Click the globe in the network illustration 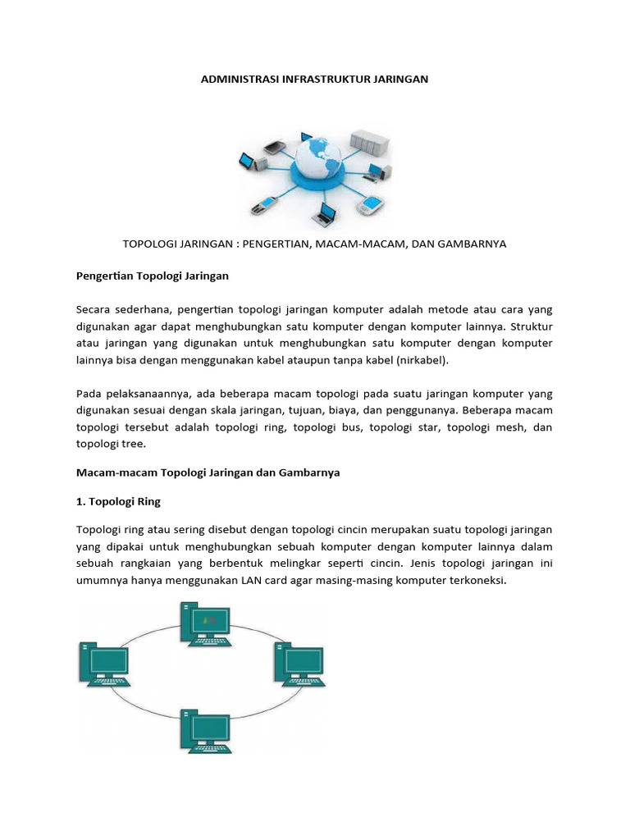click(x=315, y=162)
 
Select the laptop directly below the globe click(x=321, y=212)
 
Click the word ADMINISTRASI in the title click(x=240, y=80)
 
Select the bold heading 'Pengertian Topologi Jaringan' click(x=153, y=276)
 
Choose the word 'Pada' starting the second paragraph click(x=89, y=394)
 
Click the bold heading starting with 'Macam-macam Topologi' click(x=208, y=472)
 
